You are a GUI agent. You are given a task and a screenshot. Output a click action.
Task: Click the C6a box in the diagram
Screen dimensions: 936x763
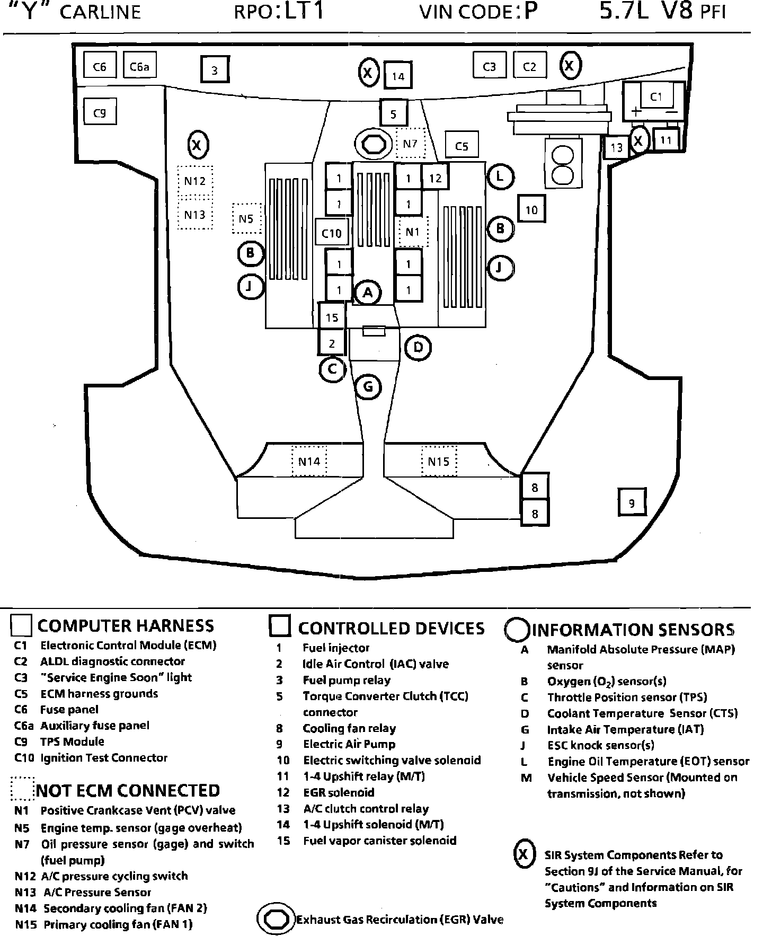pos(140,66)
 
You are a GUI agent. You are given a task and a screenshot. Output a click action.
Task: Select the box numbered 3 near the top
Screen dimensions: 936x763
pos(215,70)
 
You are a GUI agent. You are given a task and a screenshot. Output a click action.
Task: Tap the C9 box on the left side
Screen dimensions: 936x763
pos(100,112)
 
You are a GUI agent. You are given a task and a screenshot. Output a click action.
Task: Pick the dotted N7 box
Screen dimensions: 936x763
pos(411,143)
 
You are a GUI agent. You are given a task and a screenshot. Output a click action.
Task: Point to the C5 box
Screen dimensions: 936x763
pos(462,146)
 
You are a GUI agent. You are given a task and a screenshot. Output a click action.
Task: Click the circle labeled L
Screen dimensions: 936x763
pos(500,176)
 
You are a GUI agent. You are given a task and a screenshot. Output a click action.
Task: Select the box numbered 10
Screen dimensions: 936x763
pos(531,210)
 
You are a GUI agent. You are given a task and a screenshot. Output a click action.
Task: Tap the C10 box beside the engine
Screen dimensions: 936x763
pos(332,233)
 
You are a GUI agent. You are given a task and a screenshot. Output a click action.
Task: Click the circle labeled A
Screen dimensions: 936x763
pos(368,292)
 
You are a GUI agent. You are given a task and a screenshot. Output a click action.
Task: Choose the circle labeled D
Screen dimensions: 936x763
pos(418,348)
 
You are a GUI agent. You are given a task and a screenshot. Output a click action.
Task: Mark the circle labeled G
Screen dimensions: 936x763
pos(368,386)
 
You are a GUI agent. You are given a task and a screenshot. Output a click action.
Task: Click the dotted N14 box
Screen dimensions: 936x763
pos(309,461)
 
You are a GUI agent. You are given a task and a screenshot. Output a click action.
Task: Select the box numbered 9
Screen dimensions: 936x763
pos(632,502)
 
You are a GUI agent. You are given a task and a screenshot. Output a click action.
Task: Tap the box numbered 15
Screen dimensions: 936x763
pos(332,317)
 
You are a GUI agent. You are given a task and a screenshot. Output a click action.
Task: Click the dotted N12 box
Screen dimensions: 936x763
pos(195,181)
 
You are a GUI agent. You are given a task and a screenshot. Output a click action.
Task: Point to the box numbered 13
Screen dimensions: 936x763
pos(616,147)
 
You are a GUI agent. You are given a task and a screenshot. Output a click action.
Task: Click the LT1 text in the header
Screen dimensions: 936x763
pos(304,12)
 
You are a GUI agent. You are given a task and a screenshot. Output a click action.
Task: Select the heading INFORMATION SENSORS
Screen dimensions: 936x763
pos(633,629)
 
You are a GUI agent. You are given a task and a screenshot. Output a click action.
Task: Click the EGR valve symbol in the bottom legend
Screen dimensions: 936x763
pos(276,919)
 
